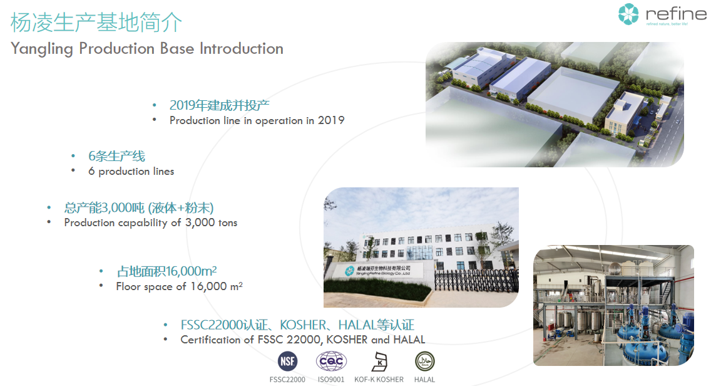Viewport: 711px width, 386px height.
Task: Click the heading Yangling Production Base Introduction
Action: click(x=147, y=49)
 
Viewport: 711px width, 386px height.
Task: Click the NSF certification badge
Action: click(x=287, y=361)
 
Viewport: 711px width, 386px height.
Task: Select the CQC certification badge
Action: click(x=331, y=361)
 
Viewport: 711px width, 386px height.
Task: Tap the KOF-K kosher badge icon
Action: click(x=379, y=361)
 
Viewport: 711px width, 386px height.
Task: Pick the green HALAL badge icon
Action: click(x=424, y=361)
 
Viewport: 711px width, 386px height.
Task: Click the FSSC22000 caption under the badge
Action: click(x=287, y=379)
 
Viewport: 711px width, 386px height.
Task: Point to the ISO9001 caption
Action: click(x=331, y=379)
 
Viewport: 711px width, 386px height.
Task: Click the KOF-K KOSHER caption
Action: click(x=379, y=379)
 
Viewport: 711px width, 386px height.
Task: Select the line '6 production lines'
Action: click(x=131, y=171)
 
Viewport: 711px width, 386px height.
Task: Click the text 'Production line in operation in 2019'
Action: click(x=257, y=120)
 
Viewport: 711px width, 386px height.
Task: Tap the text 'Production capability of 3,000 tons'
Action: click(x=151, y=222)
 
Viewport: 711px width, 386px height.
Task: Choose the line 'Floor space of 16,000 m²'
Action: click(x=179, y=286)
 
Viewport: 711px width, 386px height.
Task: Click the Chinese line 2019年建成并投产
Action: click(x=220, y=105)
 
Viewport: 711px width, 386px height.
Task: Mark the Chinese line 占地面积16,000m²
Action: click(x=167, y=271)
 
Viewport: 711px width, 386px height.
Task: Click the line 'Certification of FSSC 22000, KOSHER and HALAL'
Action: click(x=303, y=340)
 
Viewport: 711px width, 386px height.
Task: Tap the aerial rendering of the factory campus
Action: click(x=554, y=103)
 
